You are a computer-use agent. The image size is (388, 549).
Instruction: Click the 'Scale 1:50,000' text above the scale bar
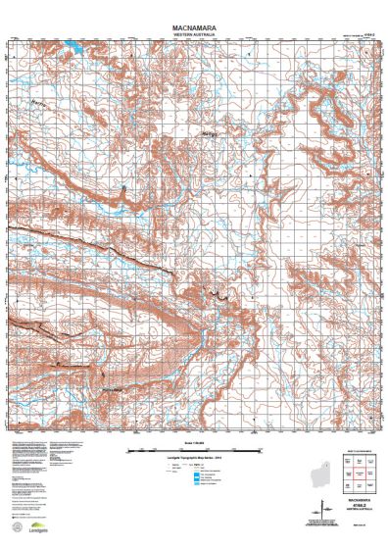pos(193,443)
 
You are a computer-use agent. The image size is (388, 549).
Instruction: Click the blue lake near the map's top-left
pos(73,48)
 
